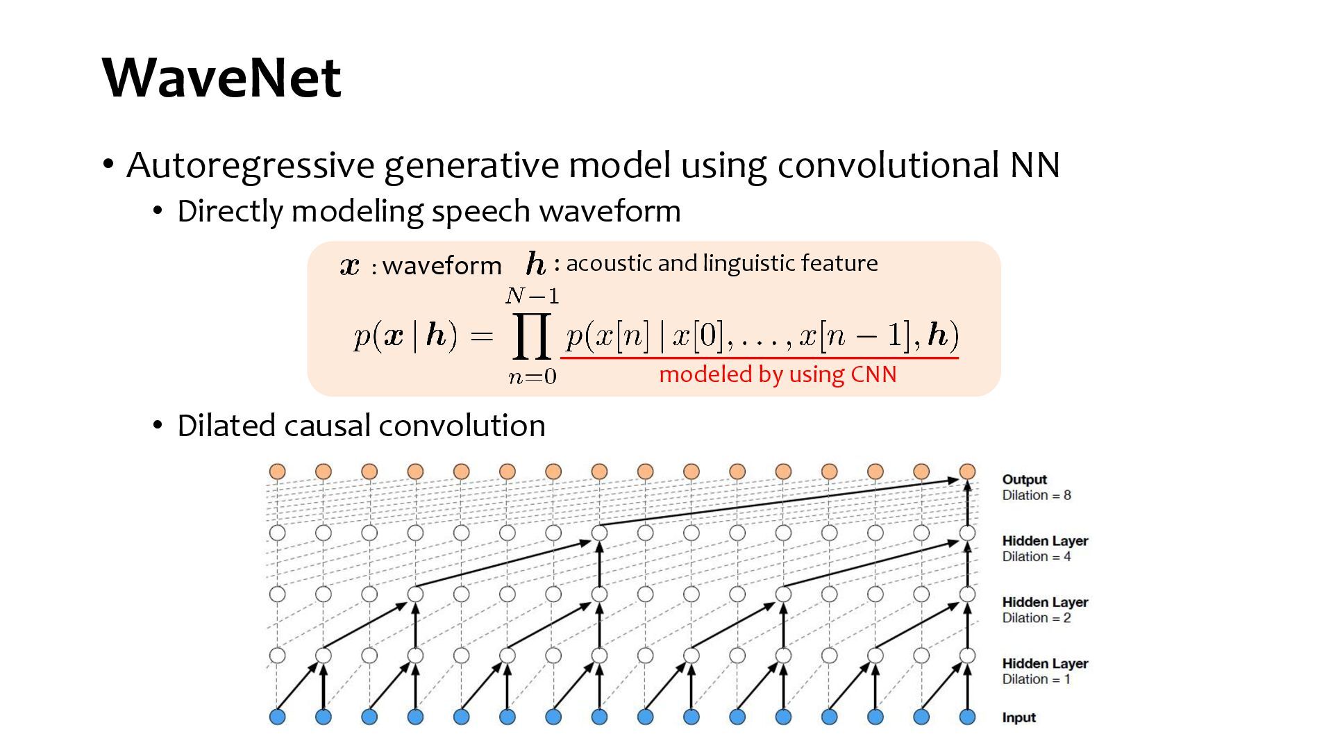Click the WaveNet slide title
click(221, 77)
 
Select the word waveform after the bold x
click(442, 265)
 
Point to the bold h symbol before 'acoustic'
click(535, 264)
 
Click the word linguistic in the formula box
click(748, 263)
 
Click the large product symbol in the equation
click(532, 336)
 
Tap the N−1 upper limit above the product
click(532, 297)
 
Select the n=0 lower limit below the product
click(532, 376)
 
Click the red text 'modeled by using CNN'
click(778, 374)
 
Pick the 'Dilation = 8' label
click(1036, 495)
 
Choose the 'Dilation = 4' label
click(1036, 556)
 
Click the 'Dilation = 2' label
click(1036, 618)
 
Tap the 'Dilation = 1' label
click(1036, 679)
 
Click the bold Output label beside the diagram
click(1024, 479)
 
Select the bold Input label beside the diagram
click(1018, 717)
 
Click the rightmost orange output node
click(967, 472)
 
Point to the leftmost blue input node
click(277, 717)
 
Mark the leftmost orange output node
click(277, 472)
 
